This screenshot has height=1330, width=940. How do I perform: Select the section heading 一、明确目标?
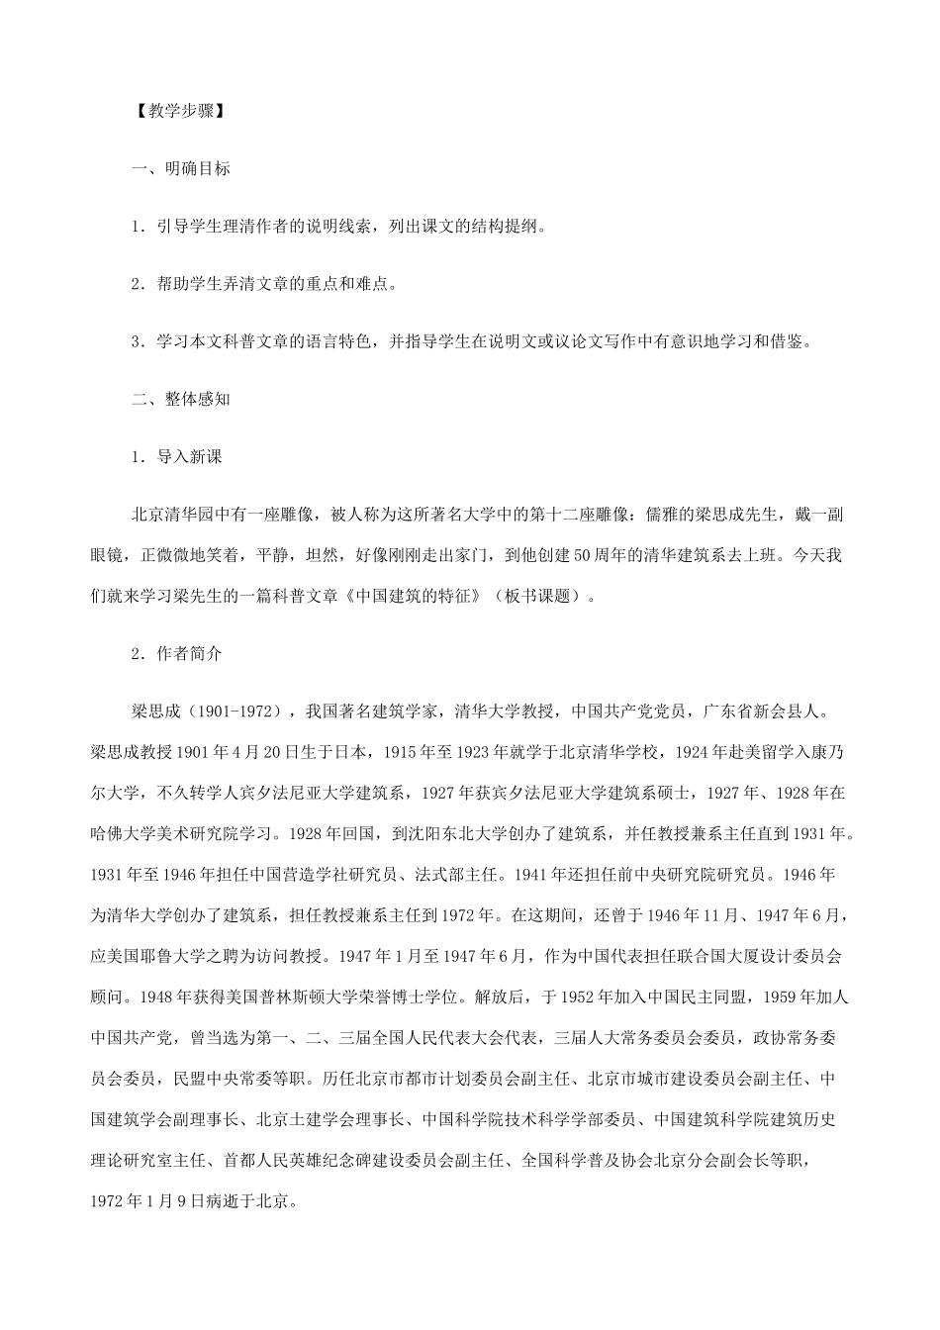pos(181,168)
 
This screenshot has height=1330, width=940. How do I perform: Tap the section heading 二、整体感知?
pos(181,400)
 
